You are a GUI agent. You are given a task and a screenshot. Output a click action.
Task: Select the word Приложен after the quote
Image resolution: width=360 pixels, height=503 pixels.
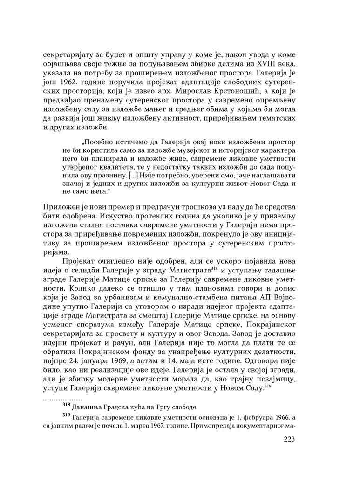point(62,206)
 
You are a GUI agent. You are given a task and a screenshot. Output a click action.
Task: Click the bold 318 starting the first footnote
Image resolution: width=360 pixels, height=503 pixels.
point(66,404)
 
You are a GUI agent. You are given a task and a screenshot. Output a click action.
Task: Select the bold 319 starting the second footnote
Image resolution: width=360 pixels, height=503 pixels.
point(66,416)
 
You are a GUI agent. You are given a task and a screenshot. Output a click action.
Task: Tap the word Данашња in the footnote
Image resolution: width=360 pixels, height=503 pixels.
point(90,407)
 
